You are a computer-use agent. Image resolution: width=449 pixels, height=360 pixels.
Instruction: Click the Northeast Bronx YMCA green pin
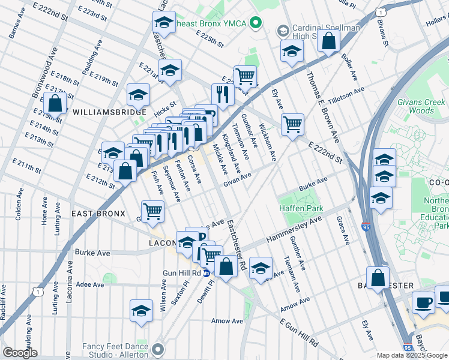[x=257, y=23]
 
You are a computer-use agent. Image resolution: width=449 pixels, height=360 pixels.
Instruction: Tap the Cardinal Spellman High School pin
[x=282, y=31]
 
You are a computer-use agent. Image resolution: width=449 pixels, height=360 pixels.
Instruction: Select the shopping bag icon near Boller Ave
[x=328, y=41]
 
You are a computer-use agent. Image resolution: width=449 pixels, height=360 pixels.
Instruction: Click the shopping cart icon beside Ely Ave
[x=293, y=125]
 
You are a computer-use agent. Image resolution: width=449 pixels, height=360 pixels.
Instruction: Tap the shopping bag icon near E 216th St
[x=55, y=103]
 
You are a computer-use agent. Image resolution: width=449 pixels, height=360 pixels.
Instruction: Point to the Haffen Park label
[x=301, y=208]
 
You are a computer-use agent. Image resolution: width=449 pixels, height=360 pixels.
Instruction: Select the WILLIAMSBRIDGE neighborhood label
[x=109, y=112]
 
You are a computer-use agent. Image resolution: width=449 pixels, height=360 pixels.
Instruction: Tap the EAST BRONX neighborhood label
[x=98, y=214]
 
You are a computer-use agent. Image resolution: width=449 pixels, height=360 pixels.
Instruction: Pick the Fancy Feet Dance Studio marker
[x=158, y=348]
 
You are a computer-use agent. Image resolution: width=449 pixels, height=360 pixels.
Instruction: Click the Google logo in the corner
[x=20, y=353]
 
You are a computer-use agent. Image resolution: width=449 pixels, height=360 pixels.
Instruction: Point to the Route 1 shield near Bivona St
[x=380, y=11]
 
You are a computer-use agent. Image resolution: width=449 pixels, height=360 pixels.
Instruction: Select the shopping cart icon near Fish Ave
[x=153, y=211]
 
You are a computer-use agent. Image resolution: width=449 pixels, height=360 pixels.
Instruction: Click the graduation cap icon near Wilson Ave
[x=141, y=311]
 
